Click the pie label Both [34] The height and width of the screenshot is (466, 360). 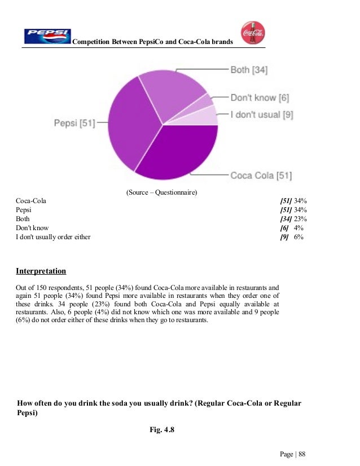tap(249, 71)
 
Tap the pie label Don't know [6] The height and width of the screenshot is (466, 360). tap(260, 98)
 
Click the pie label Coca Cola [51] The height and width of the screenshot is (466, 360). tap(261, 175)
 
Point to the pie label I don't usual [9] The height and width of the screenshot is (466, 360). tap(261, 115)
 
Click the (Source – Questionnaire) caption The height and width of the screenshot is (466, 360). tap(161, 192)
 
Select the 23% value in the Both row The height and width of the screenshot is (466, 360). tap(298, 219)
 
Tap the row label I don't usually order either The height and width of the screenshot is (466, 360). tap(53, 237)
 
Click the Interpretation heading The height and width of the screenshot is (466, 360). tap(41, 271)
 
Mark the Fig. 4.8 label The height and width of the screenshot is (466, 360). tap(162, 430)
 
